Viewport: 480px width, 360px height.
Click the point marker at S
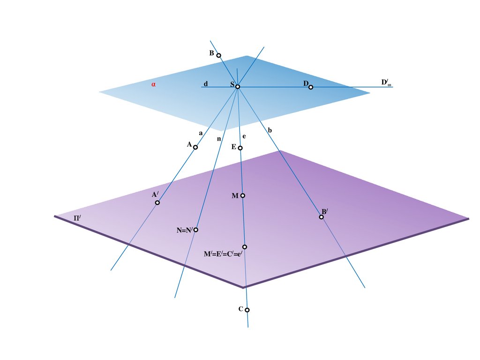click(238, 87)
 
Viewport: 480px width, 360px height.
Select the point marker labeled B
click(218, 55)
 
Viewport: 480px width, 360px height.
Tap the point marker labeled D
click(311, 87)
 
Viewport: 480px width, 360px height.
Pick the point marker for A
click(195, 147)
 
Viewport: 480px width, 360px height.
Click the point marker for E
click(240, 148)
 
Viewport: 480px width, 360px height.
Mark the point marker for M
click(242, 195)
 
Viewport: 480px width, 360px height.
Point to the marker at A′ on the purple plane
click(157, 202)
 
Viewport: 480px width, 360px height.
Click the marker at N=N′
click(196, 230)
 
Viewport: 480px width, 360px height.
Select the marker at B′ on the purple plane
click(322, 217)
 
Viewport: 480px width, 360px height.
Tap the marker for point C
click(247, 310)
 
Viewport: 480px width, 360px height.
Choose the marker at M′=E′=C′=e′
click(245, 247)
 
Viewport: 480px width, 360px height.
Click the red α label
click(153, 85)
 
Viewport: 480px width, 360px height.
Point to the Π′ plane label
click(77, 218)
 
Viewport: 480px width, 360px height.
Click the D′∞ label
click(386, 83)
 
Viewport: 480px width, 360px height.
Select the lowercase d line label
click(205, 84)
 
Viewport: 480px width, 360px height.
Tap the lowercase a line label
click(201, 133)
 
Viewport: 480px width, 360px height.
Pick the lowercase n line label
click(218, 139)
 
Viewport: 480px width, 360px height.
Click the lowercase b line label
click(270, 130)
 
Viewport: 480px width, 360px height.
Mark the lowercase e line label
click(244, 136)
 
